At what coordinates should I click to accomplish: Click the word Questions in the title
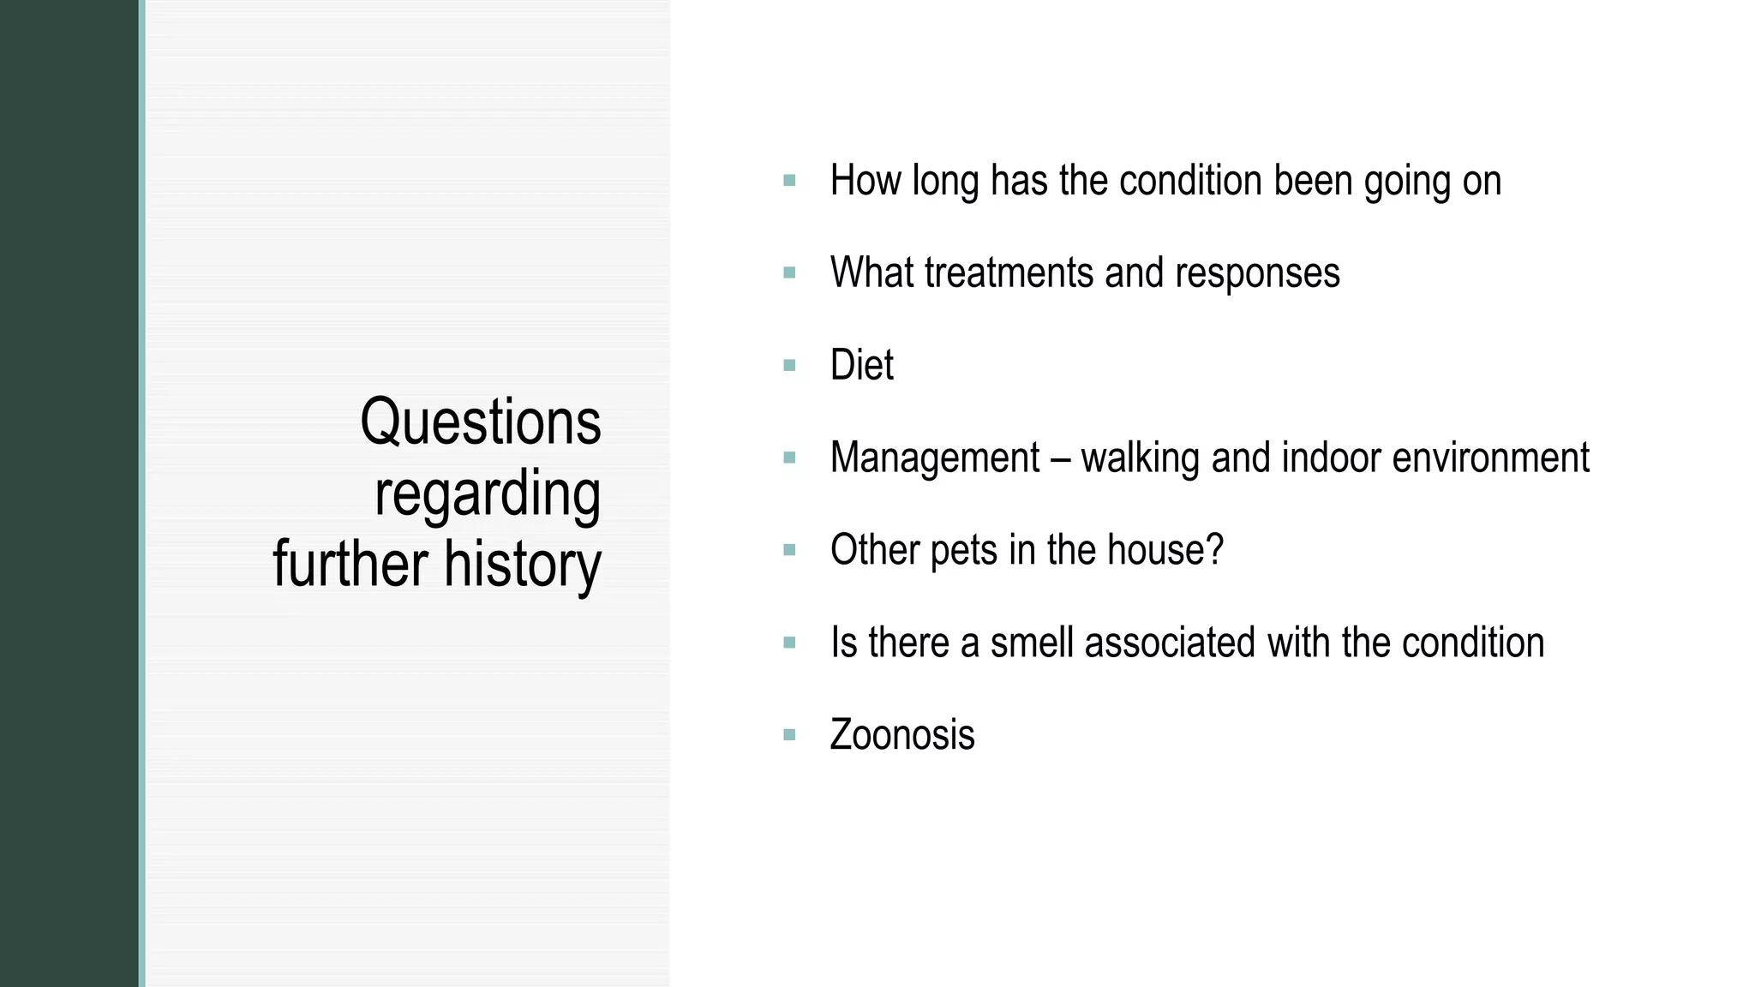pos(480,422)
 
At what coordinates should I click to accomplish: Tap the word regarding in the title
pos(487,494)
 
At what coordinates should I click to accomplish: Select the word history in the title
pos(522,565)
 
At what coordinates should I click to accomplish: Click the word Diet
pos(861,366)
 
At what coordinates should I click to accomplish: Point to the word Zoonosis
pos(901,735)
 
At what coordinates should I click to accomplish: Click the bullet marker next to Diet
pos(789,366)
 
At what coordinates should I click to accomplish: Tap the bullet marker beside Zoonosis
pos(789,735)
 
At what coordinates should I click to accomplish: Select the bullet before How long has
pos(789,181)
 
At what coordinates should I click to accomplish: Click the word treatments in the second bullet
pos(1009,273)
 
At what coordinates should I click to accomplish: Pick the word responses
pos(1257,273)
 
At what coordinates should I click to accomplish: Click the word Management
pos(934,458)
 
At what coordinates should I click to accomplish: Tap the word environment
pos(1490,458)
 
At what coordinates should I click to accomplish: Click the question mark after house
pos(1214,550)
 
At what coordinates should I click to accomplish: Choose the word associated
pos(1170,643)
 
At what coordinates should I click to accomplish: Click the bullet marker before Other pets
pos(789,550)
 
